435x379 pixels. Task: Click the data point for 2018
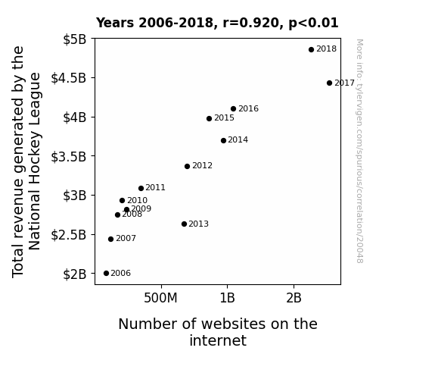pos(311,50)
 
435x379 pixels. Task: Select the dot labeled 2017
pos(329,83)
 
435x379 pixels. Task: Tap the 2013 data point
pos(184,224)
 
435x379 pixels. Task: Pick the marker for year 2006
pos(106,274)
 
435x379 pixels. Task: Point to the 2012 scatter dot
pos(188,166)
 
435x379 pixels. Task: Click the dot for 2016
pos(233,108)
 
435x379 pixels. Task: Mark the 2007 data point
pos(110,239)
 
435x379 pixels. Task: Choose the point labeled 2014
pos(224,141)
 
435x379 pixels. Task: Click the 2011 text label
pos(155,188)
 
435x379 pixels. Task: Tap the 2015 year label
pos(224,118)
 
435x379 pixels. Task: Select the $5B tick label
pos(75,39)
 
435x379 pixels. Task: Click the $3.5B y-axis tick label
pos(69,157)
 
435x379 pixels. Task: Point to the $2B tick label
pos(75,274)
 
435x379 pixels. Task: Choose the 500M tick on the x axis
pos(160,298)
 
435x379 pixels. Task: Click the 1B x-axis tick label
pos(227,298)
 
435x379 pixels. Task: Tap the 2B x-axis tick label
pos(294,298)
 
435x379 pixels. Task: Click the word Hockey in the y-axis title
pos(35,161)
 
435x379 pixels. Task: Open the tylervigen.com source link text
pos(359,152)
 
